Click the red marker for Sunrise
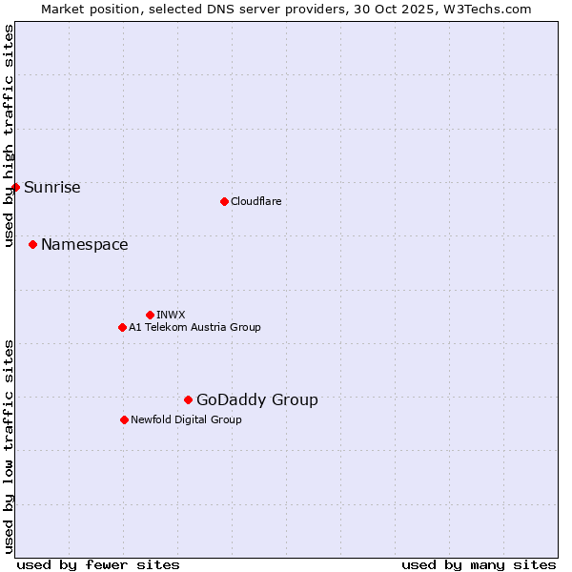click(x=15, y=187)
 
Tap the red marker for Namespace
click(x=32, y=245)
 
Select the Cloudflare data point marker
click(x=224, y=201)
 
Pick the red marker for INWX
click(x=150, y=315)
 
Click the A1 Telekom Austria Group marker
click(x=122, y=327)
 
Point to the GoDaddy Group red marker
click(x=188, y=399)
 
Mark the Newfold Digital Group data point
click(x=124, y=419)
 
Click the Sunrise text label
click(x=52, y=187)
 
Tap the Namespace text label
click(x=85, y=245)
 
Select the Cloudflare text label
click(x=256, y=201)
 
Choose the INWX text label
click(x=172, y=315)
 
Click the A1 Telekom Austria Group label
click(x=194, y=327)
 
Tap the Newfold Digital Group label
click(x=186, y=419)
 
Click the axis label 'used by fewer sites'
click(x=97, y=564)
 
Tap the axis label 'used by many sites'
click(x=479, y=564)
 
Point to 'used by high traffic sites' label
click(x=9, y=135)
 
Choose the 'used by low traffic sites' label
click(x=9, y=445)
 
